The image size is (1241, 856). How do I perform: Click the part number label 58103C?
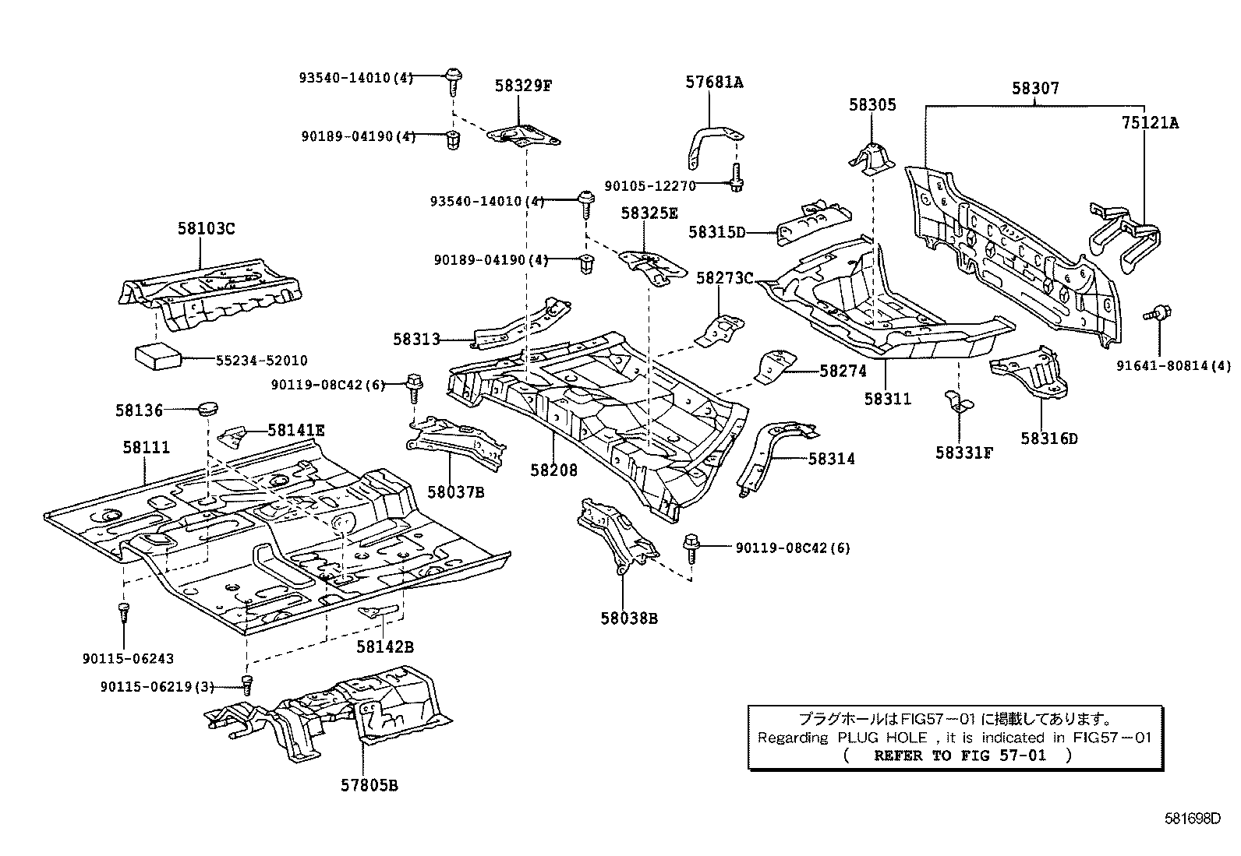coord(206,228)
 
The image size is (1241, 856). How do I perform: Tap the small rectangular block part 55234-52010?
coord(158,356)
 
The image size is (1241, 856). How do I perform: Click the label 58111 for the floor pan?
coord(146,447)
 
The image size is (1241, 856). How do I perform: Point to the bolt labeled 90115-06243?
coord(123,612)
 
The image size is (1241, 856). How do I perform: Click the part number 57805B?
coord(369,785)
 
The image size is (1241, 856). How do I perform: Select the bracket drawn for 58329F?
coord(523,136)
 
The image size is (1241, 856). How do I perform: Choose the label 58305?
coord(872,105)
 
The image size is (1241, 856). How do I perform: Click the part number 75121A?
coord(1150,122)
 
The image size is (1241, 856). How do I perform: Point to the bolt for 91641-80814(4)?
coord(1155,315)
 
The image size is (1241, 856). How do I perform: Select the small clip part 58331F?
coord(956,404)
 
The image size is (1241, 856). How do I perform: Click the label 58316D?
coord(1048,439)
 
